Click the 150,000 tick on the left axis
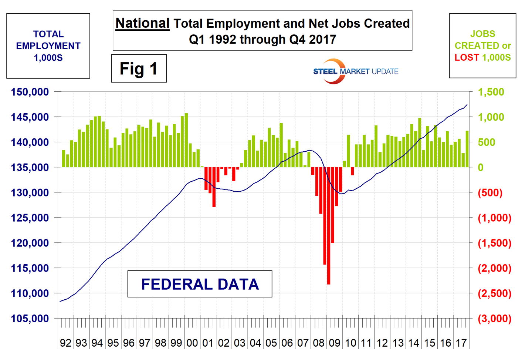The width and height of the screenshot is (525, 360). point(30,92)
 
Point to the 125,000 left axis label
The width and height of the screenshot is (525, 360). point(30,218)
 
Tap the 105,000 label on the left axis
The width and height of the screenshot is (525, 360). point(30,318)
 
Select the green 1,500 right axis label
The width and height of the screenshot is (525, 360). point(491,92)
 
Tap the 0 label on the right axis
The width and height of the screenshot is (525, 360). point(480,167)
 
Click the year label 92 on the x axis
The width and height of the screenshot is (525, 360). point(65,343)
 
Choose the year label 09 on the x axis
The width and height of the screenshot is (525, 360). point(335,343)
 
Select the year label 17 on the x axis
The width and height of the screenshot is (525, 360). point(461,343)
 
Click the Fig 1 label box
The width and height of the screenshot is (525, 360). point(139,68)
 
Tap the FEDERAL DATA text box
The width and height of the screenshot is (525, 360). point(200,284)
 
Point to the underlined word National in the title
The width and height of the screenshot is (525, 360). point(142,23)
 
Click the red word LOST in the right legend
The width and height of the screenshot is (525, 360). point(467,57)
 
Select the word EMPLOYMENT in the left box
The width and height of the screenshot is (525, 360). point(48,46)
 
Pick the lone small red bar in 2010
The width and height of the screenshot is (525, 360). point(352,171)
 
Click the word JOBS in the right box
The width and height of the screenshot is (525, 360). point(482,34)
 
